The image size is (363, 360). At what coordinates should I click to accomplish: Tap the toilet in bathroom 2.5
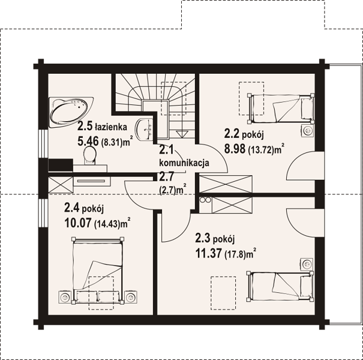click(90, 155)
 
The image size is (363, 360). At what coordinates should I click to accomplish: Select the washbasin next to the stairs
click(145, 129)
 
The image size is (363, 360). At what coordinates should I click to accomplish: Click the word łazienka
click(111, 127)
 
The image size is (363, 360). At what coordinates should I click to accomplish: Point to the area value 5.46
click(88, 141)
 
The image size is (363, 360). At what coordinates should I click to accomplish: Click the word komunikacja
click(184, 163)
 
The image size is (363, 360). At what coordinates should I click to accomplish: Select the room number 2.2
click(232, 134)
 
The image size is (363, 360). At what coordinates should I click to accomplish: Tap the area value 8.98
click(235, 149)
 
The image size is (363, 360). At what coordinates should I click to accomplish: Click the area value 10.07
click(78, 223)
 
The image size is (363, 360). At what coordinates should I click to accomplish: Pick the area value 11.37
click(208, 253)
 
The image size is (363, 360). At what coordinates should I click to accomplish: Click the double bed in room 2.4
click(97, 270)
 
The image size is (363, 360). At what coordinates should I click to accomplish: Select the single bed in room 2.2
click(281, 109)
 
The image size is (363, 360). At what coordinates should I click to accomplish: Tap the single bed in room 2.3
click(281, 286)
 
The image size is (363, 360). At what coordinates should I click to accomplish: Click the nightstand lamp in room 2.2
click(308, 131)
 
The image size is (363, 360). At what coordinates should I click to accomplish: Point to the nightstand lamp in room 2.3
click(307, 264)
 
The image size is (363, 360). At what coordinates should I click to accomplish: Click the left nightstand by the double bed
click(65, 296)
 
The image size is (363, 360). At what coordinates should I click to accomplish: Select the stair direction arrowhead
click(182, 134)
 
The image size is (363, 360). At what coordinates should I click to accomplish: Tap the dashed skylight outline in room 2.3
click(223, 293)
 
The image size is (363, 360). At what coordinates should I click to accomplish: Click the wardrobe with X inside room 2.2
click(226, 184)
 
